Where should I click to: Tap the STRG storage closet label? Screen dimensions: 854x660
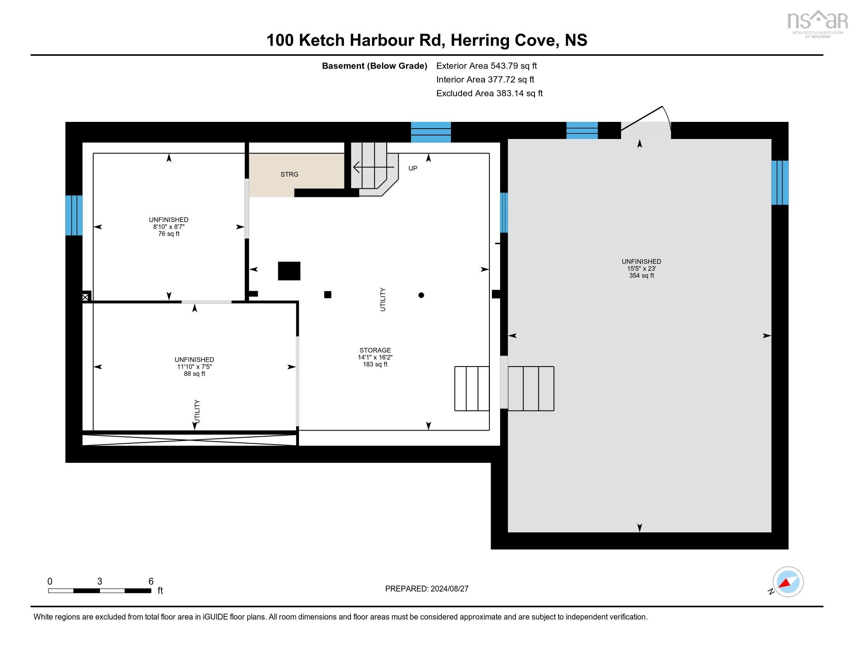point(289,174)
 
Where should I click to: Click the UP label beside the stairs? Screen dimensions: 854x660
point(413,168)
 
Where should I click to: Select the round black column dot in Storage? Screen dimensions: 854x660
point(421,295)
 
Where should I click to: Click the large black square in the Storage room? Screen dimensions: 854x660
point(289,271)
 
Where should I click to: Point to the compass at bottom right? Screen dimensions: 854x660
point(788,582)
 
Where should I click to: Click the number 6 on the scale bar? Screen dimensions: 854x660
point(151,582)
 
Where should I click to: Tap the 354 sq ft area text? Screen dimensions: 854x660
point(641,276)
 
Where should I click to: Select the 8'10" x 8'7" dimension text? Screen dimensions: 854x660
point(169,227)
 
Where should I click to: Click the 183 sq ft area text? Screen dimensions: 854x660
point(375,365)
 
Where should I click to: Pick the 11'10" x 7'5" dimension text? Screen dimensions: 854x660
point(194,367)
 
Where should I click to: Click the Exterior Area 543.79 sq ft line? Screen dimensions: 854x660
point(486,66)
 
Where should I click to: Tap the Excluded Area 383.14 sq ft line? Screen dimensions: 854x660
point(489,94)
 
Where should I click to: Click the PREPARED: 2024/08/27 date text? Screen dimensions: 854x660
point(427,589)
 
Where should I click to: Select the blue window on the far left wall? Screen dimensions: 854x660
point(74,215)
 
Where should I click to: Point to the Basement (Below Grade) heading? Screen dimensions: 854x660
point(374,66)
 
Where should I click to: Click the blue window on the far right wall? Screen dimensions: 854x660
point(780,182)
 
